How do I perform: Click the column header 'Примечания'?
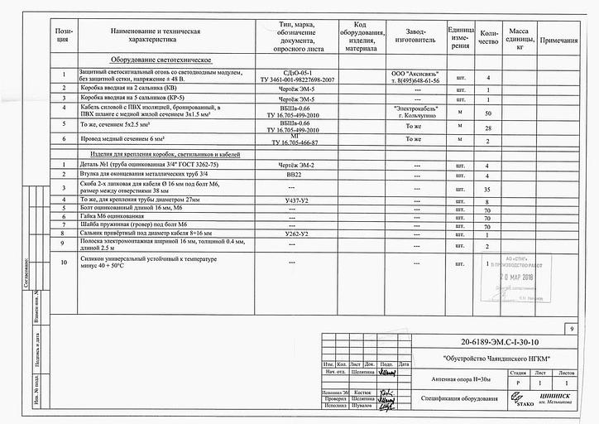pyautogui.click(x=559, y=40)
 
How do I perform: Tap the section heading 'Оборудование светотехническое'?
pyautogui.click(x=161, y=60)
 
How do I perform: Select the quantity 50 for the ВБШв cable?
pyautogui.click(x=488, y=113)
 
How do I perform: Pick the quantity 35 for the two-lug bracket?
pyautogui.click(x=488, y=190)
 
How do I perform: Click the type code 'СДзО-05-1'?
pyautogui.click(x=297, y=74)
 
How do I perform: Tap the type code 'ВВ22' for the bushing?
pyautogui.click(x=295, y=176)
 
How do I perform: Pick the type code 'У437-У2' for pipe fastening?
pyautogui.click(x=295, y=201)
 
